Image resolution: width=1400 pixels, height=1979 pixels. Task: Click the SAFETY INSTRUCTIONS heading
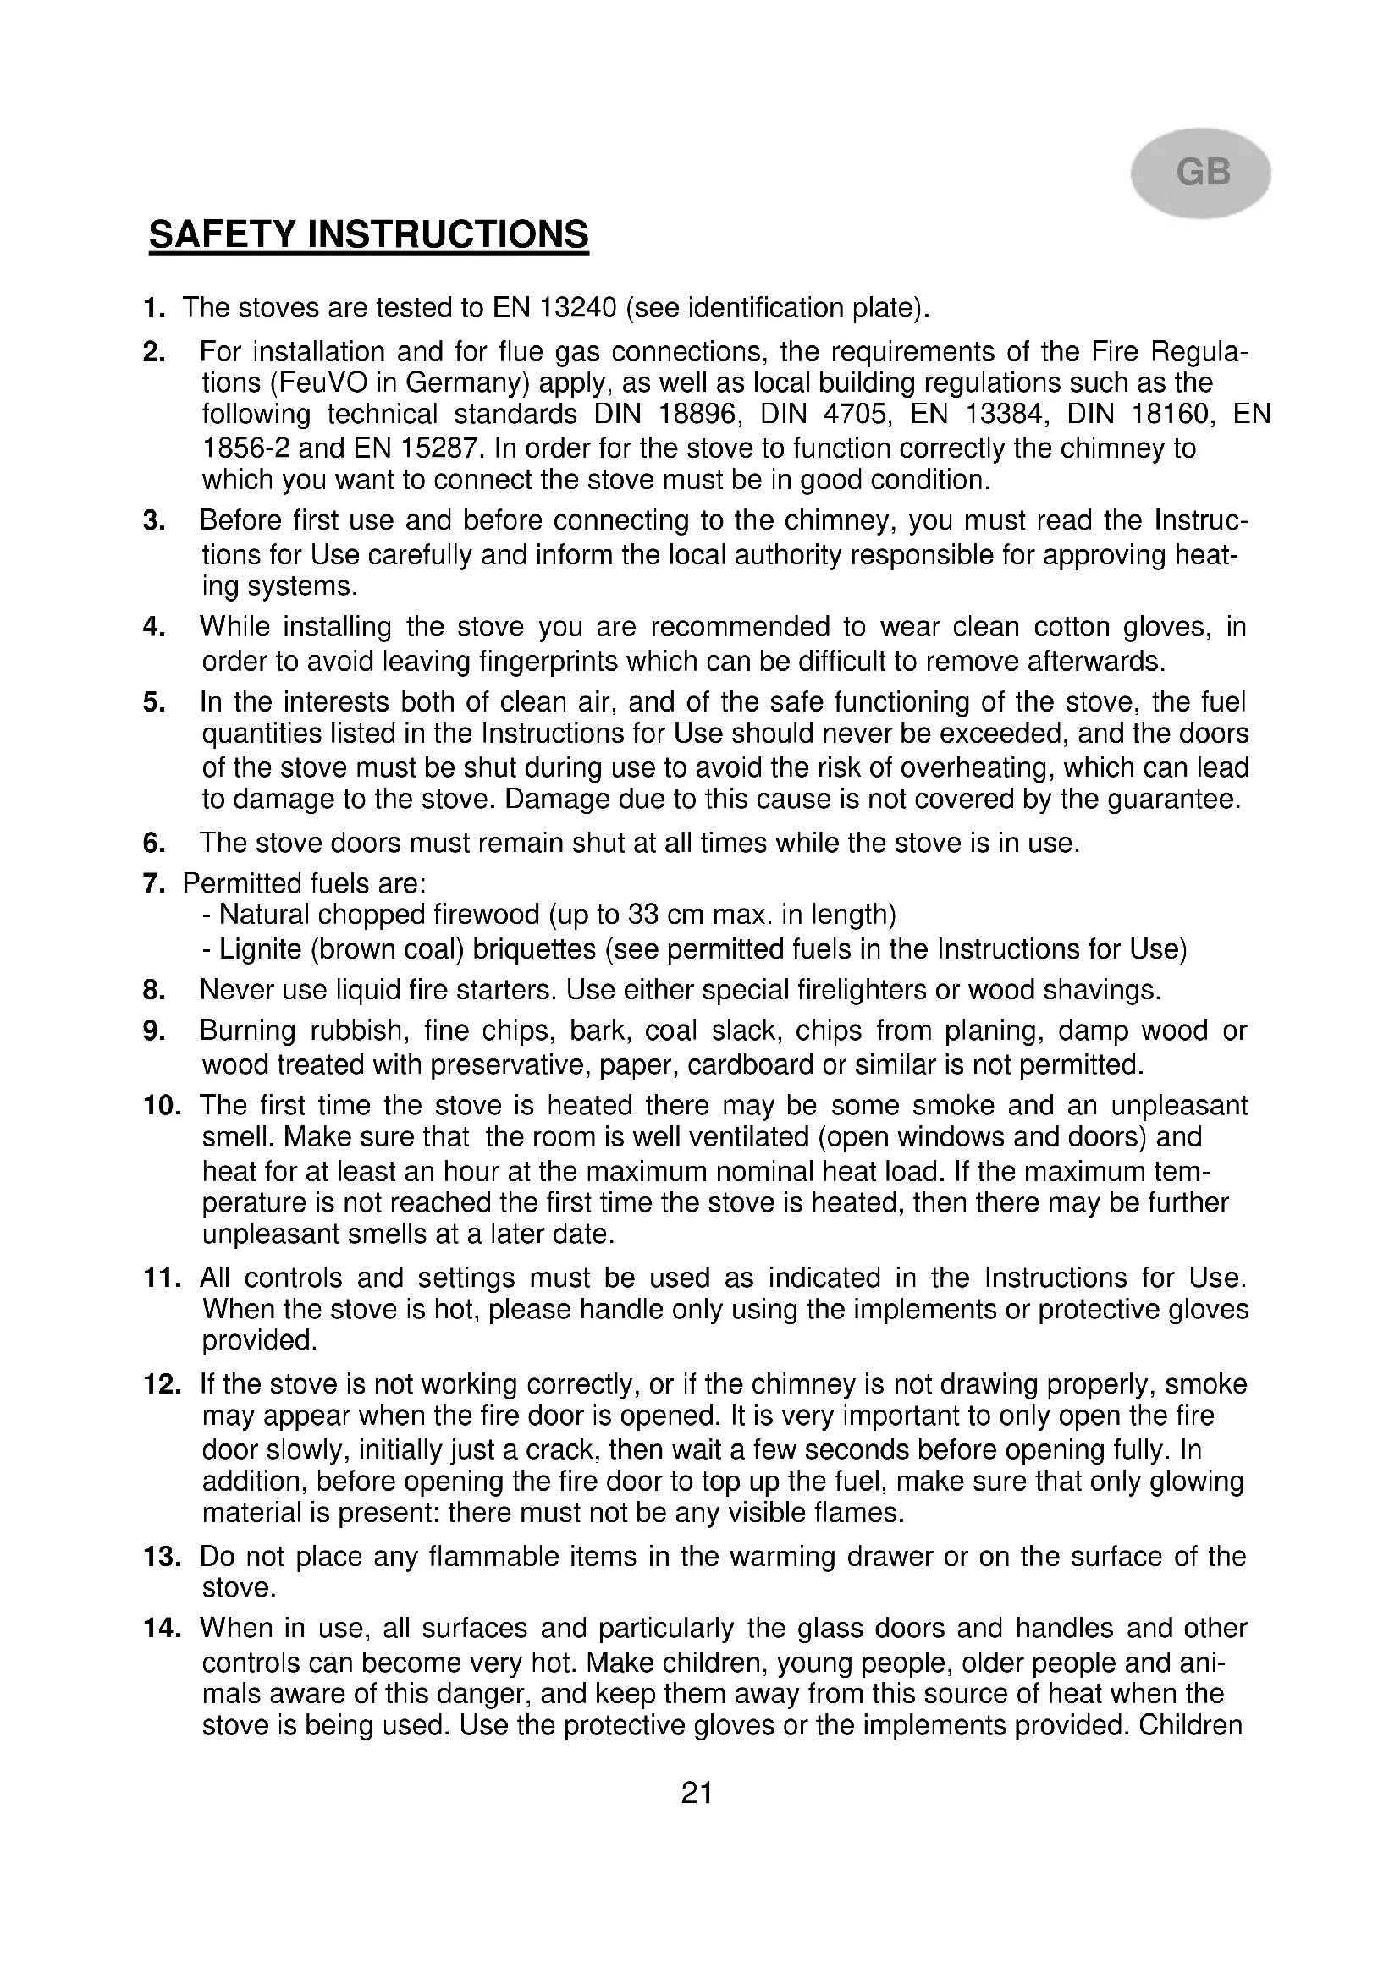pos(368,234)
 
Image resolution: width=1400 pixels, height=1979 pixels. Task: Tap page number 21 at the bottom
pos(697,1793)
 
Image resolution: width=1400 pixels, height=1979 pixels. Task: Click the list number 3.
pos(153,521)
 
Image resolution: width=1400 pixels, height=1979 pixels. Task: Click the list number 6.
pos(153,843)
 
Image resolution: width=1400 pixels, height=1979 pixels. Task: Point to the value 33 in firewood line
pos(644,915)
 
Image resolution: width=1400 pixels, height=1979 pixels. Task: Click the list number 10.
pos(161,1106)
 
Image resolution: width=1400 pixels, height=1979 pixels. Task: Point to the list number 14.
pos(161,1628)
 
